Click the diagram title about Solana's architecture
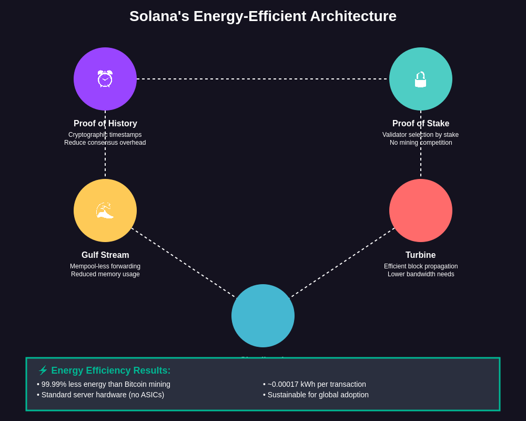263,16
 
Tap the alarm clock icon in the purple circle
105,79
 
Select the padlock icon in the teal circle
420,79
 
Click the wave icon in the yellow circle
105,210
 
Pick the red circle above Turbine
421,210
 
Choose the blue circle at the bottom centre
263,316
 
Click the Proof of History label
105,124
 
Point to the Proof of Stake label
421,124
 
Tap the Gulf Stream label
105,255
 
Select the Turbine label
421,255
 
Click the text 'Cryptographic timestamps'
105,135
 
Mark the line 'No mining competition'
421,143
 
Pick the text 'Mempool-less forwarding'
105,266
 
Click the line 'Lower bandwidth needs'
421,274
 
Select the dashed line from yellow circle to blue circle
184,263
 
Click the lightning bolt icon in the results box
43,370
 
